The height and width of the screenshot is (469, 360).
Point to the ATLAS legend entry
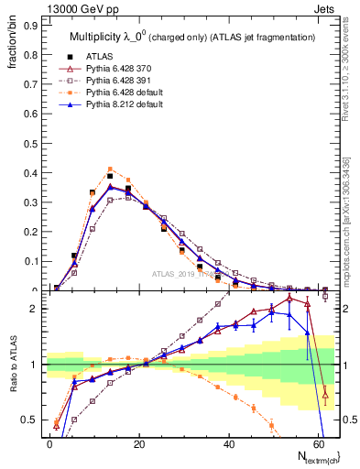coord(97,55)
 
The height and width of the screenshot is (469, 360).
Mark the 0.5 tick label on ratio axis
coord(27,420)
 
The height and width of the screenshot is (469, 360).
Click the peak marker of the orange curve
coord(110,169)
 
